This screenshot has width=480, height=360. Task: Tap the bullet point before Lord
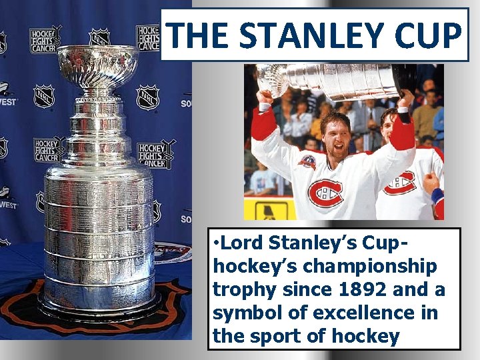[x=217, y=244]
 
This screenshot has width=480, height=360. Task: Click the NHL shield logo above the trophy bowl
[x=99, y=36]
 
